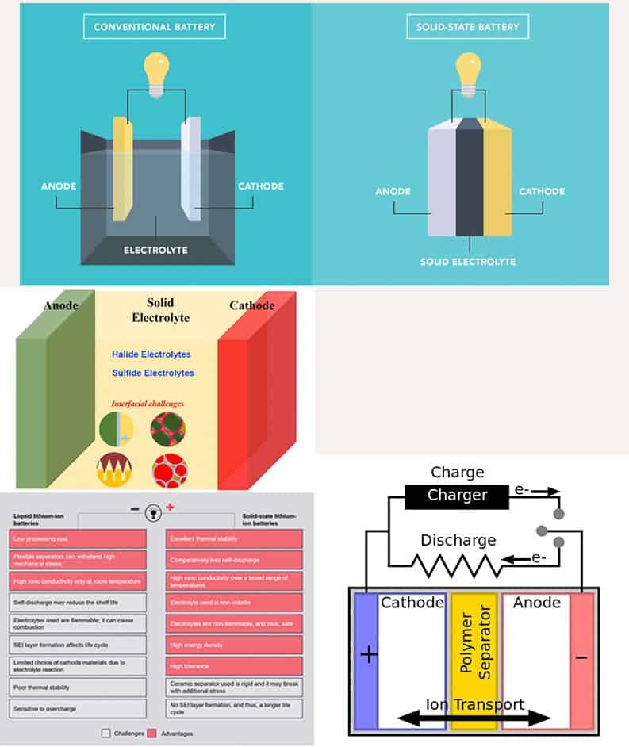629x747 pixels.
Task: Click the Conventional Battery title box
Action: [154, 27]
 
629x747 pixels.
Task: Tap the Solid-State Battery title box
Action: [467, 27]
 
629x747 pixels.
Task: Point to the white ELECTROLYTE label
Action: [155, 251]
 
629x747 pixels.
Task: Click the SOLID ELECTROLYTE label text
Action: [468, 262]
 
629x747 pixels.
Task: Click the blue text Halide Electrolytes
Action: [151, 354]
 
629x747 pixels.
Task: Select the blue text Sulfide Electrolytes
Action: [153, 373]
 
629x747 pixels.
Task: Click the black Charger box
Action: [456, 496]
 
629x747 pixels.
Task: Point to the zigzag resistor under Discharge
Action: [456, 565]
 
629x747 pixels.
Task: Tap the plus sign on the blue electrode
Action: [366, 655]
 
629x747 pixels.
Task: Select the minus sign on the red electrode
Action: [581, 657]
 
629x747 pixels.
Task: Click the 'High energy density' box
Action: [234, 645]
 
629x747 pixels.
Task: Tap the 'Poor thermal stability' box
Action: [79, 687]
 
